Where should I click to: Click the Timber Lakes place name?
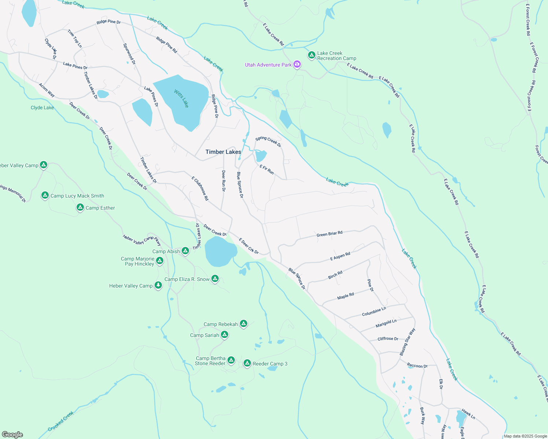pos(223,152)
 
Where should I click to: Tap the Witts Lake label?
pos(181,98)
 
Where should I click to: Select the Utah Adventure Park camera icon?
pos(297,65)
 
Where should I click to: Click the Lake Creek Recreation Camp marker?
pos(311,55)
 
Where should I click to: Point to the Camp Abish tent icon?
pos(185,251)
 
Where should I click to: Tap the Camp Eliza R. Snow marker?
pos(215,279)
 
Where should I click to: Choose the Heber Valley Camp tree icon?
pos(158,285)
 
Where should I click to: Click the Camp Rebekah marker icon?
pos(243,324)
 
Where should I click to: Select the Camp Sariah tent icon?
pos(225,335)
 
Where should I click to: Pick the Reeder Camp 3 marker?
pos(247,363)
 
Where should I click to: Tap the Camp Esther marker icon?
pos(80,207)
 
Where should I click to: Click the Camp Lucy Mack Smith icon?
pos(45,195)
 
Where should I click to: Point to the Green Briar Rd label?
pos(329,234)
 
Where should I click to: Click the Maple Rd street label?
pos(345,296)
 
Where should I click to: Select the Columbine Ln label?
pos(374,312)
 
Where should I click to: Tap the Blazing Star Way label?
pos(407,342)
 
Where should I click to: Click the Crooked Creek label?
pos(60,421)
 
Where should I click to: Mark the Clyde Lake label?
pos(42,108)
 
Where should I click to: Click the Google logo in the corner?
pos(12,434)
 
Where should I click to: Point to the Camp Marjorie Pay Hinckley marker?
pos(159,261)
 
